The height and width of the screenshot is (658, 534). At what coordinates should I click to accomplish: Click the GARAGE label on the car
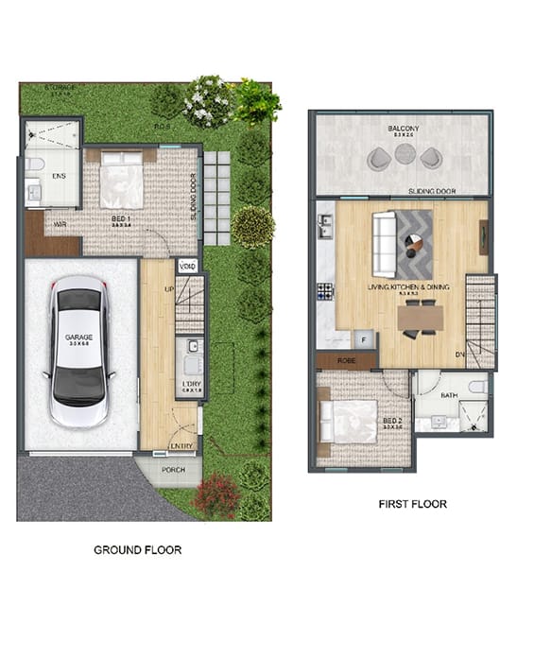tap(78, 337)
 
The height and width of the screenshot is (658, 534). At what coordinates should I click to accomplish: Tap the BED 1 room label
tap(121, 218)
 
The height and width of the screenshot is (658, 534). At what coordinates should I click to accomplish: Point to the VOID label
tap(187, 266)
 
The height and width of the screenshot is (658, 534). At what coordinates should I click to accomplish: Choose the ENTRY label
tap(181, 446)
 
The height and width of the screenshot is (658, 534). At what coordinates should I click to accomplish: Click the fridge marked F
tap(363, 339)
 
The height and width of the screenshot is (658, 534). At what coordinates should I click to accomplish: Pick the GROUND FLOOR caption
tap(138, 549)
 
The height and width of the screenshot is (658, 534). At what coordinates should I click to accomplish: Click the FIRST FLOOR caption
tap(413, 504)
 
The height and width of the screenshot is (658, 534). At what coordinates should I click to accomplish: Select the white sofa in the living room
tap(385, 242)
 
